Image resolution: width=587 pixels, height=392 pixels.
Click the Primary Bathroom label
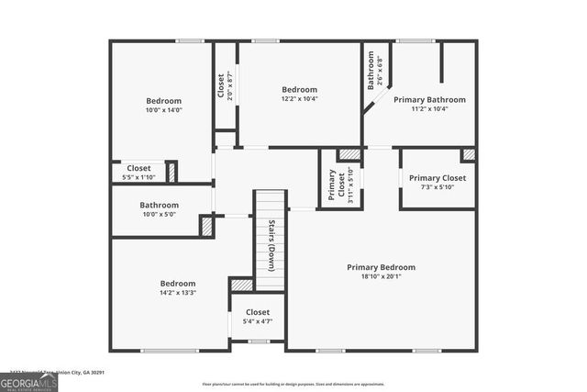tap(429, 99)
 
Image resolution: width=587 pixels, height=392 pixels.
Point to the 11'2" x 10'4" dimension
tap(429, 108)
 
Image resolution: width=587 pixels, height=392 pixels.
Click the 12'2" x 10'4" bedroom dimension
tap(299, 98)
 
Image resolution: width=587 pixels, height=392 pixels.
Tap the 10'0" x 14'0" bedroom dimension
tap(163, 109)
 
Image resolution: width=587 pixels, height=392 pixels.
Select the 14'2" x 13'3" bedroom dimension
tap(177, 293)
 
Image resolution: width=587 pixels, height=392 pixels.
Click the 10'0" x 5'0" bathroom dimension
tap(159, 214)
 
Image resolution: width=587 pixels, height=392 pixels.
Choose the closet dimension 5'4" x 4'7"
tap(257, 321)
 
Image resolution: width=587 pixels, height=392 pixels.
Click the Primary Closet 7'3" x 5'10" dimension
tap(437, 187)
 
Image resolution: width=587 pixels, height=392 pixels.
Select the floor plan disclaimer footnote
tap(293, 384)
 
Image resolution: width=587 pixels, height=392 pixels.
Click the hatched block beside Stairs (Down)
tap(241, 285)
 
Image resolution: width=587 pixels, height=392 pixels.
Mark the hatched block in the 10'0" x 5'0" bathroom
tap(206, 226)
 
